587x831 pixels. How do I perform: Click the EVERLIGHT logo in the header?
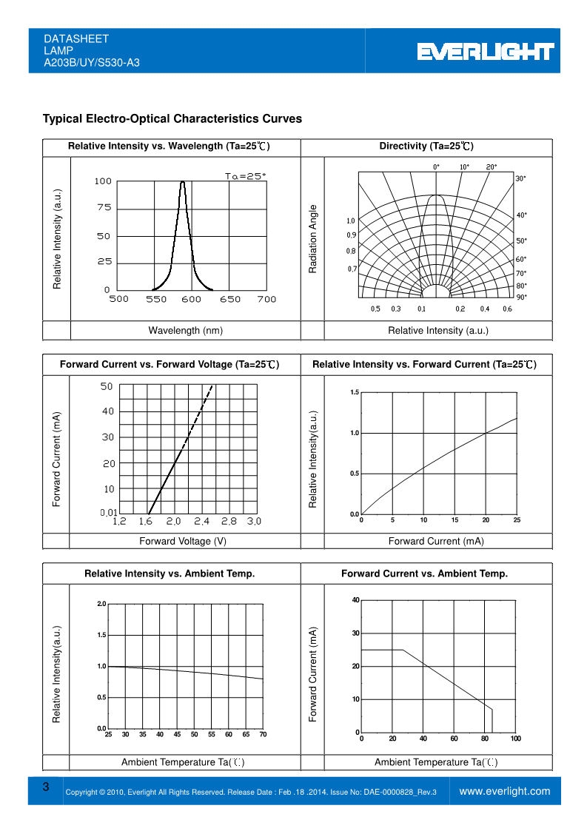[485, 51]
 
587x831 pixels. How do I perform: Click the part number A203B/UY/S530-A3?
[92, 63]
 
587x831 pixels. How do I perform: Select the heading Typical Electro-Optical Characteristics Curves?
[172, 118]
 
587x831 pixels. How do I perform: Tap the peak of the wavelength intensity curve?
[183, 181]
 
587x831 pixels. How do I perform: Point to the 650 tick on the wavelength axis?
[230, 299]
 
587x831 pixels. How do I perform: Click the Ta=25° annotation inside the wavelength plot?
[245, 176]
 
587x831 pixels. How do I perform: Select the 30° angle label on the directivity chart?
[521, 178]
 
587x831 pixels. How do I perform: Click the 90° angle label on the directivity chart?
[521, 297]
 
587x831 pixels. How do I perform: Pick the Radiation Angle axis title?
[312, 239]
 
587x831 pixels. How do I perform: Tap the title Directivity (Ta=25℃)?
[426, 146]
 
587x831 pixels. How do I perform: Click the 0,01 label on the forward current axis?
[109, 512]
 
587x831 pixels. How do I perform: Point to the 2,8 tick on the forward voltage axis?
[229, 522]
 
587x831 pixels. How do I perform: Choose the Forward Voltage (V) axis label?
[183, 541]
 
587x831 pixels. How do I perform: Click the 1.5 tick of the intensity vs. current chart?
[355, 392]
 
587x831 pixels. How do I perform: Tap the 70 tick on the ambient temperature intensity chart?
[263, 734]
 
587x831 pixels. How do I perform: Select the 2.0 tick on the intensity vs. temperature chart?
[101, 605]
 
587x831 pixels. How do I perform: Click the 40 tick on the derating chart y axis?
[355, 600]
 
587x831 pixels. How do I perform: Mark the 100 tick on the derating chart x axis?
[515, 739]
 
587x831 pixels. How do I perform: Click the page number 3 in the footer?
[46, 787]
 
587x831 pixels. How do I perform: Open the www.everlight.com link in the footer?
[505, 791]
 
